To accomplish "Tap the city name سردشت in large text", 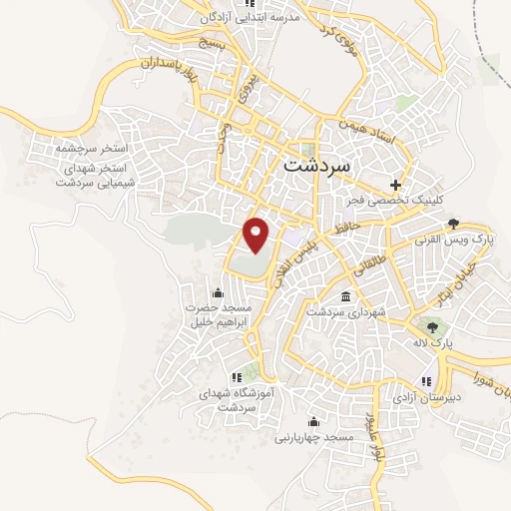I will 317,165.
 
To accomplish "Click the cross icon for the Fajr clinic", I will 396,185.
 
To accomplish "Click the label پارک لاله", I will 435,342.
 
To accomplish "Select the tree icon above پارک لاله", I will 433,325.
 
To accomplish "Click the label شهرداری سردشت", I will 344,312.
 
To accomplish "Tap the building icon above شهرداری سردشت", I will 345,296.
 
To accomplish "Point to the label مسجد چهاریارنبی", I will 314,437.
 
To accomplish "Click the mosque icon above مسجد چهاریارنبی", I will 314,421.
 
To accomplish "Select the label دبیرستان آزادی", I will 427,396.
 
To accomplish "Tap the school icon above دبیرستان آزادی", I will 427,380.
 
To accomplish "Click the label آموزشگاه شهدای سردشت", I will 237,400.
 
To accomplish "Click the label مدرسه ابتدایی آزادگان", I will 236,18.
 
